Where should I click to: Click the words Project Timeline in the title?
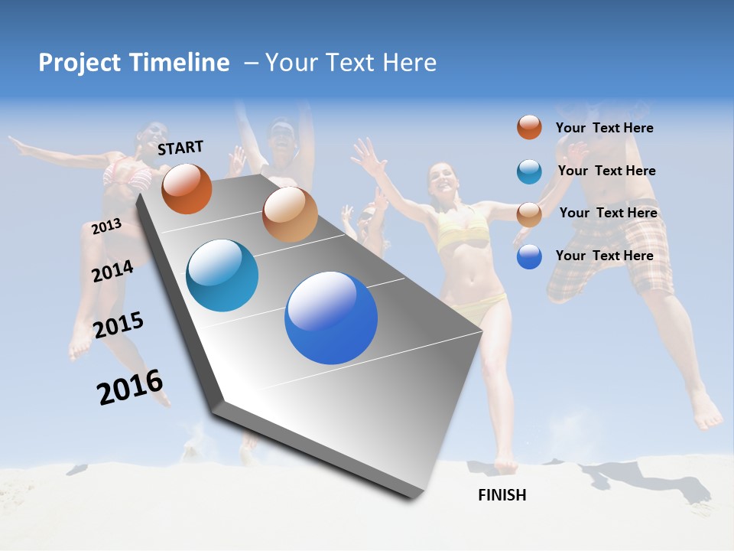tap(134, 63)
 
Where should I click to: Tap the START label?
tap(180, 148)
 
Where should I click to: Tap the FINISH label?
tap(502, 495)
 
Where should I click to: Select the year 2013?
tap(107, 226)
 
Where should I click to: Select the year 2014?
tap(113, 271)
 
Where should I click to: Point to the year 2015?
tap(119, 325)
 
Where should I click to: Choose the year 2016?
tap(130, 387)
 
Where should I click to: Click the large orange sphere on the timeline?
tap(187, 188)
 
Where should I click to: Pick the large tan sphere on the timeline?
tap(290, 214)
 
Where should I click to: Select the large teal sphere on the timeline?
tap(222, 275)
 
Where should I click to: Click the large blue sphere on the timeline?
tap(331, 318)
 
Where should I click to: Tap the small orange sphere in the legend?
tap(529, 127)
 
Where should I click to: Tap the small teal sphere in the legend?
tap(529, 171)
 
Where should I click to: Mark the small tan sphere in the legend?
tap(529, 214)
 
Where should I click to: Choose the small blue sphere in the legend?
tap(529, 257)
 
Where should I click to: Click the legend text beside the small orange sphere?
tap(604, 129)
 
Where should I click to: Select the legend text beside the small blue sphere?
tap(604, 256)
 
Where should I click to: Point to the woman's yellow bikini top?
tap(462, 227)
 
